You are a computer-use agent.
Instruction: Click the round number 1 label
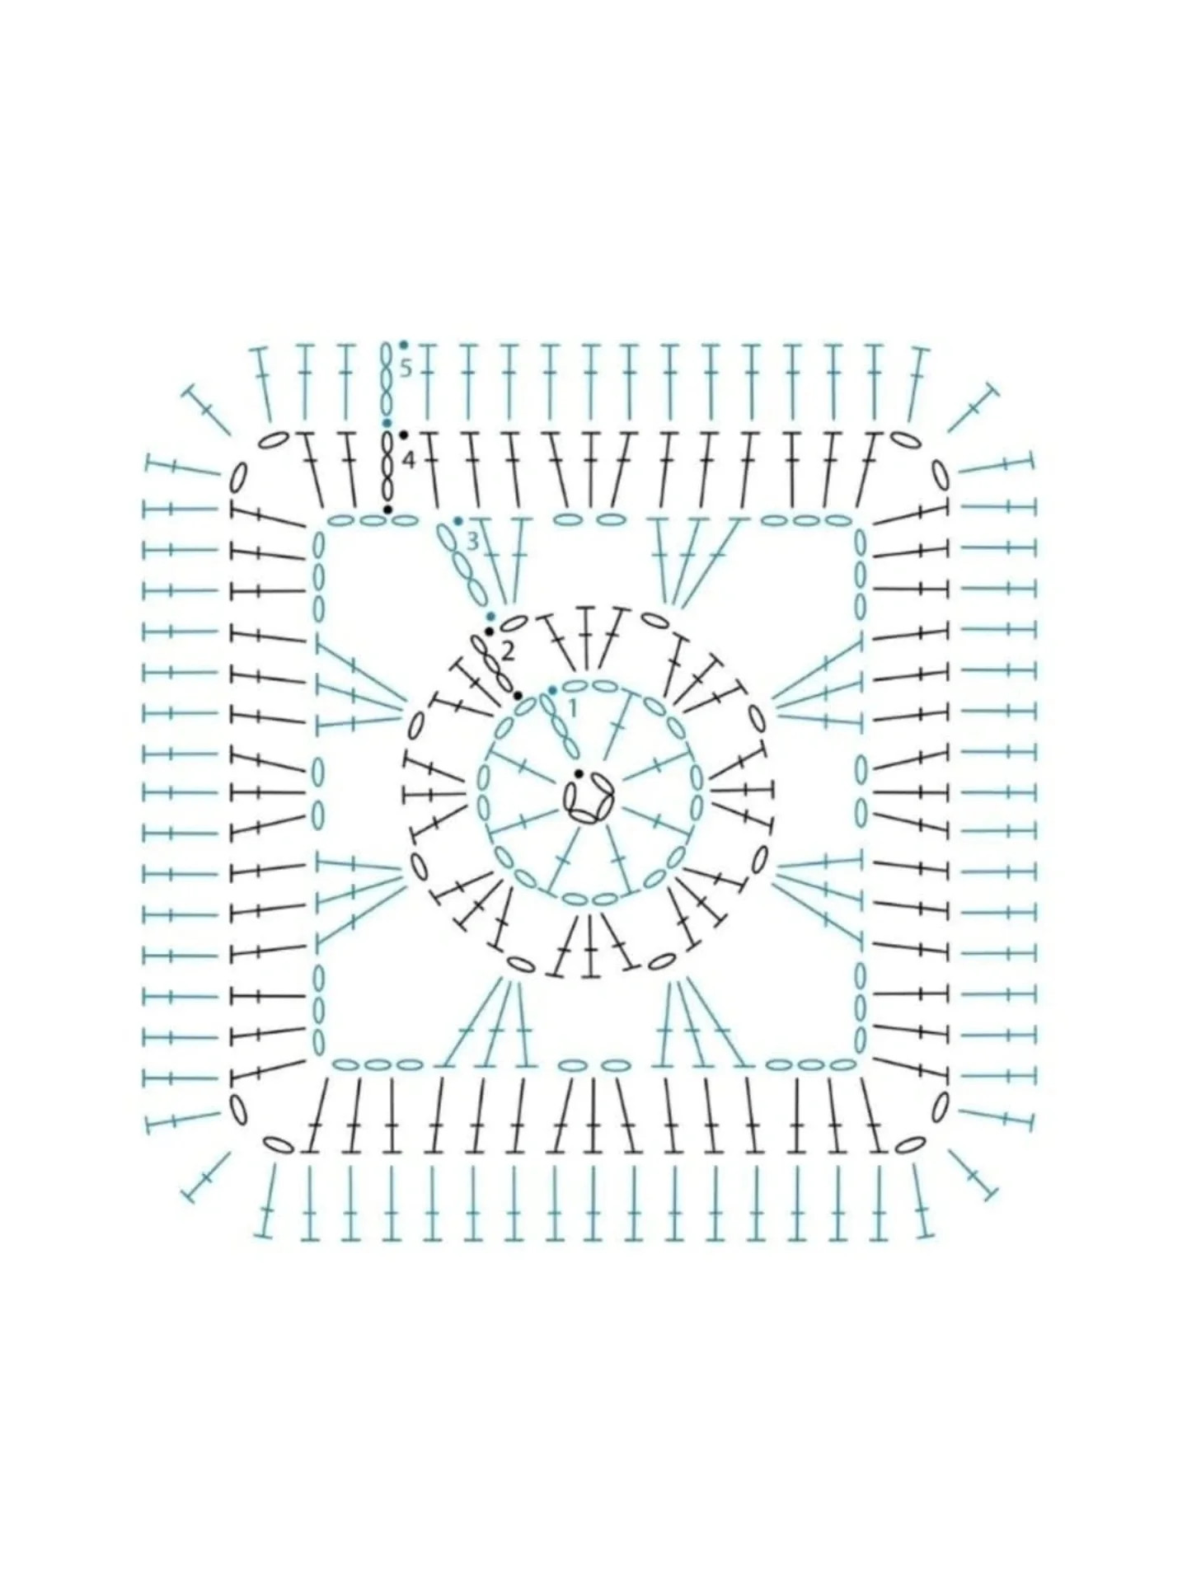pyautogui.click(x=573, y=707)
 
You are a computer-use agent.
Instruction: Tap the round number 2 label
pyautogui.click(x=508, y=652)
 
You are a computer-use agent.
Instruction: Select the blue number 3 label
pyautogui.click(x=472, y=542)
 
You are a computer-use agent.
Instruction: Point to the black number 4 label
pyautogui.click(x=408, y=460)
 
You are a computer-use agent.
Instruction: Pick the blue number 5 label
pyautogui.click(x=405, y=369)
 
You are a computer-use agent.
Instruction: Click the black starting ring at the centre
pyautogui.click(x=589, y=798)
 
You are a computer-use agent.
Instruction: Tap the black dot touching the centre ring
pyautogui.click(x=579, y=773)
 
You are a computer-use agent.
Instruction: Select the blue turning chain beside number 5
pyautogui.click(x=386, y=381)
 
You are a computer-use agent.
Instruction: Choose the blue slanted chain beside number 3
pyautogui.click(x=462, y=565)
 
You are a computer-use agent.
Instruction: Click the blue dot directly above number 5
pyautogui.click(x=403, y=345)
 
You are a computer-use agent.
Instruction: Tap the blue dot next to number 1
pyautogui.click(x=552, y=689)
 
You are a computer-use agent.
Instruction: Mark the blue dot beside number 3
pyautogui.click(x=457, y=521)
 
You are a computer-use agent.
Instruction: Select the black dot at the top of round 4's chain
pyautogui.click(x=403, y=435)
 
